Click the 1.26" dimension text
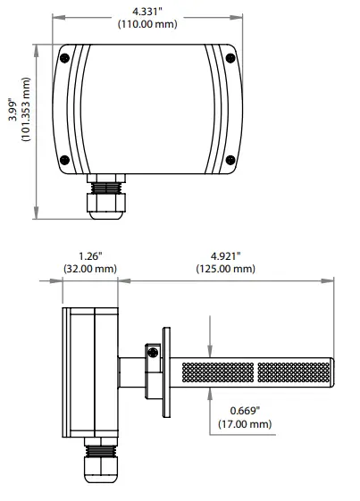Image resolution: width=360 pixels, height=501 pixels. (89, 255)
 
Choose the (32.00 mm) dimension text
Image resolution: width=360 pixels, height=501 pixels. (89, 268)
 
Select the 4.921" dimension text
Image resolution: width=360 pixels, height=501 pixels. (225, 255)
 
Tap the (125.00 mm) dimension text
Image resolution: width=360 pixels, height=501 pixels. (225, 268)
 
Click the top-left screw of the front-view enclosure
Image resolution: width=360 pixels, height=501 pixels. (64, 59)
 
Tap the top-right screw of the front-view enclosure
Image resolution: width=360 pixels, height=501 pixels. (230, 59)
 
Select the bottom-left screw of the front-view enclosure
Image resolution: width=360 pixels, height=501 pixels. (64, 161)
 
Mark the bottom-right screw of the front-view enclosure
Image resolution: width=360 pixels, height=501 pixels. (230, 161)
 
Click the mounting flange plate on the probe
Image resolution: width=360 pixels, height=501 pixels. (163, 369)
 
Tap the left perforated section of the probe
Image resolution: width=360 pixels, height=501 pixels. (217, 369)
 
